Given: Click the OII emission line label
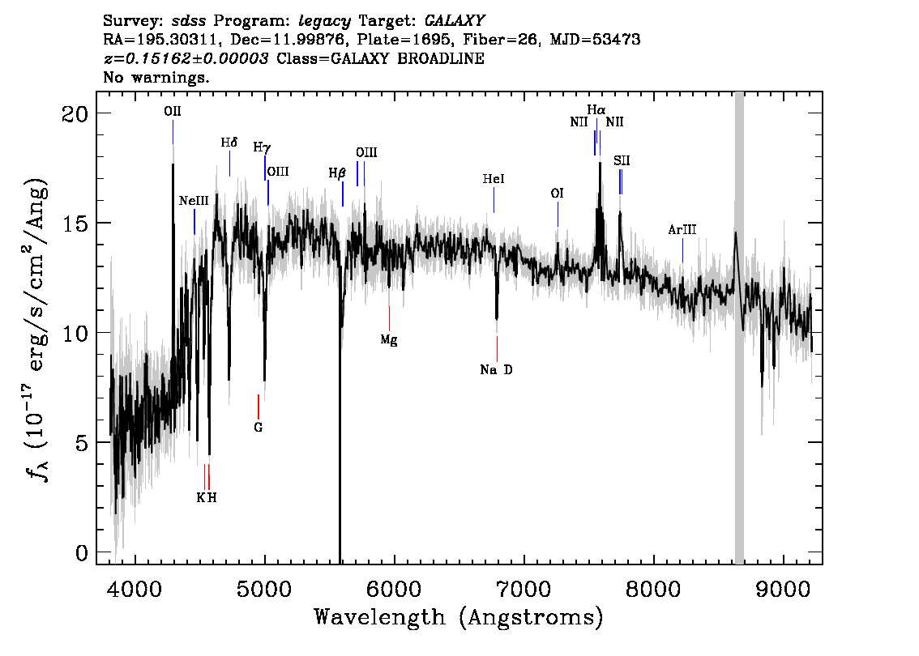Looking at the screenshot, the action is (173, 111).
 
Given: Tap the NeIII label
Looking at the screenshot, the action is (194, 201).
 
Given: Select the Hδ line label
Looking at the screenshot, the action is (229, 143).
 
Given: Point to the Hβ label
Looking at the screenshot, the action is (337, 173).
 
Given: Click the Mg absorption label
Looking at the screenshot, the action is (388, 339).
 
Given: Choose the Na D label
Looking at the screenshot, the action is (496, 369).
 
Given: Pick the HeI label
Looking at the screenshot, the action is (494, 179).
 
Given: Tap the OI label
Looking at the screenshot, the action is (557, 194).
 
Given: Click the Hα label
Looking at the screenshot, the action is (596, 109).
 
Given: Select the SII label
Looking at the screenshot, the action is (622, 160).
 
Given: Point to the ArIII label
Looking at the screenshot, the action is (682, 230).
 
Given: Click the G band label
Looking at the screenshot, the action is (259, 428).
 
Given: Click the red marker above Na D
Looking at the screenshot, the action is (497, 348).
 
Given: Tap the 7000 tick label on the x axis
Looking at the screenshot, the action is (523, 589).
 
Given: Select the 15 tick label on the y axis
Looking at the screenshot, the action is (75, 224).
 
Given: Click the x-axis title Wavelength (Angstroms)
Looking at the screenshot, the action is (459, 618).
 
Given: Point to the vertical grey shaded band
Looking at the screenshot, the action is (739, 328).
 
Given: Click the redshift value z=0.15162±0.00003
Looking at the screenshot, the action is (186, 58).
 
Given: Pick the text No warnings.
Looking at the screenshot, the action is (156, 77).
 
